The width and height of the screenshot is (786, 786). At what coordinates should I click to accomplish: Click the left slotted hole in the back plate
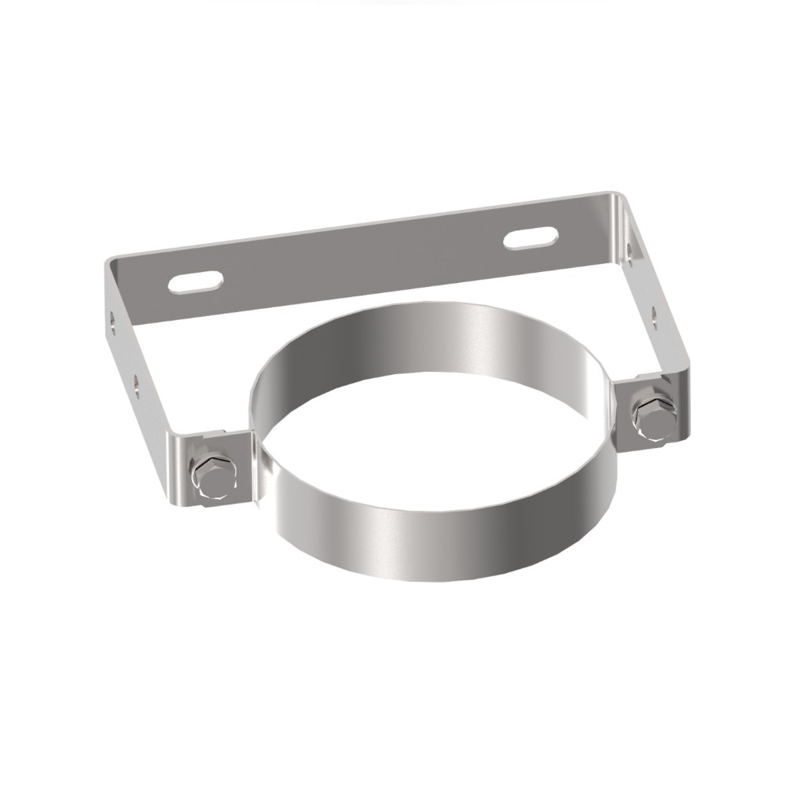coord(196,281)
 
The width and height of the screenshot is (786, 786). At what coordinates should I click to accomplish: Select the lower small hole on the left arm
coord(136,382)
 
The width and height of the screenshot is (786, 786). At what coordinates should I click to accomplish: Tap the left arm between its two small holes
coord(126,351)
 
